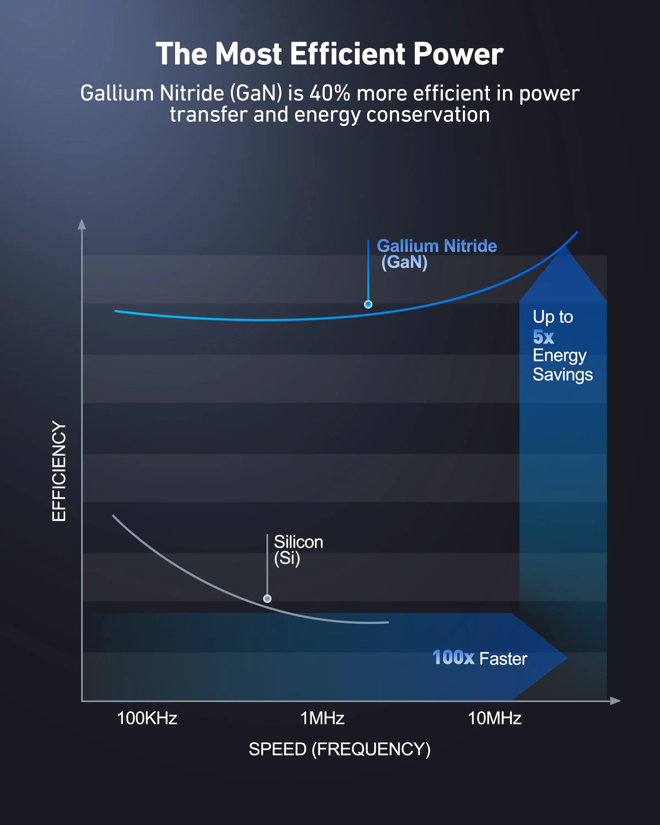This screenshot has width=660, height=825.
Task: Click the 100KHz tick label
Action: tap(147, 718)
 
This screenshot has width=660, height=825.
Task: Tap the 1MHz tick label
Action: tap(322, 718)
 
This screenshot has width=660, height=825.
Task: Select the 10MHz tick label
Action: tap(494, 718)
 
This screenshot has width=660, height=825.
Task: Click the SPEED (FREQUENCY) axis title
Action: tap(339, 749)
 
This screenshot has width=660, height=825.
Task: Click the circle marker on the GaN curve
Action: tap(368, 305)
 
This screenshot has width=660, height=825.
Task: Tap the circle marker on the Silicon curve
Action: tap(267, 598)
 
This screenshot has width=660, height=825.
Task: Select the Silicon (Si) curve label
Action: tap(298, 550)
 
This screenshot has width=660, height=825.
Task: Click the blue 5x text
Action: tap(543, 337)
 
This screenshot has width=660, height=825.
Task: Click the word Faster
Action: tap(503, 659)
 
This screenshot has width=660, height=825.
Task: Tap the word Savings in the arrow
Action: tap(562, 375)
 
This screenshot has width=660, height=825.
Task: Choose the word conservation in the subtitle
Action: tap(428, 114)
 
